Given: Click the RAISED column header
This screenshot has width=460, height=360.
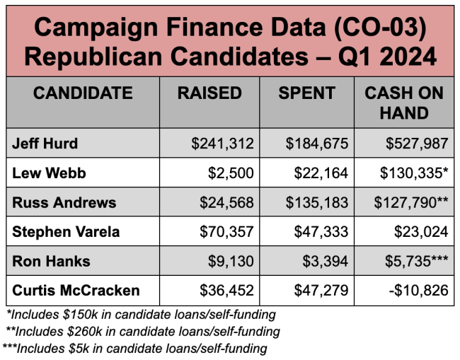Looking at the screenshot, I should pyautogui.click(x=209, y=93).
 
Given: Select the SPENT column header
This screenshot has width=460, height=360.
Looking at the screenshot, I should pyautogui.click(x=307, y=93).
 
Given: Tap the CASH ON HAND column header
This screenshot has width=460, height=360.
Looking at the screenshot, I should pyautogui.click(x=404, y=103).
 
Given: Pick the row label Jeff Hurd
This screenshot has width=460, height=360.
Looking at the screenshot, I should pyautogui.click(x=45, y=144).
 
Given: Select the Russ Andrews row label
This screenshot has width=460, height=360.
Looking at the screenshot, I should pyautogui.click(x=64, y=203).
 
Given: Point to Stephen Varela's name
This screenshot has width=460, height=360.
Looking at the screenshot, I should pyautogui.click(x=65, y=232).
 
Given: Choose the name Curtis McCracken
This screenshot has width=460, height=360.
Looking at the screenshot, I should pyautogui.click(x=76, y=290).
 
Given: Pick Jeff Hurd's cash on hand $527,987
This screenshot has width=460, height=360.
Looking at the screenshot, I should pyautogui.click(x=418, y=144).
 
